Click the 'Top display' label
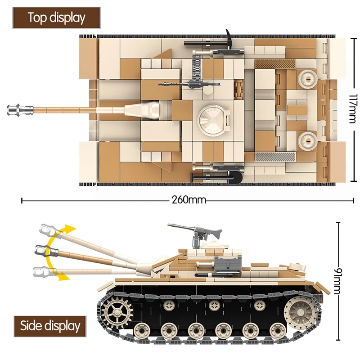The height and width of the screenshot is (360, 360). (x=56, y=18)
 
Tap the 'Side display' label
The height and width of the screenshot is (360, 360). (x=49, y=325)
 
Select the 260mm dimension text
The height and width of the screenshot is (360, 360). (x=188, y=200)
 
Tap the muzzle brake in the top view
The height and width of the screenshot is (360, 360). (x=20, y=109)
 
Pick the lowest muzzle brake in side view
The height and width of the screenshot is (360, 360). (x=40, y=271)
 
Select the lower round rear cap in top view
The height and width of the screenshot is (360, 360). (x=308, y=141)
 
